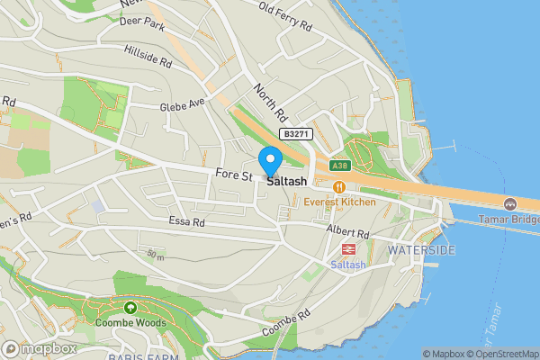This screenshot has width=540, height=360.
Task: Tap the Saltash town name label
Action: pyautogui.click(x=286, y=180)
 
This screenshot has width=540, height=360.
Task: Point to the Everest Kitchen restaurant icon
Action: pyautogui.click(x=339, y=186)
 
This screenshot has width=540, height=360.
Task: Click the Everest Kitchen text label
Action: pyautogui.click(x=339, y=202)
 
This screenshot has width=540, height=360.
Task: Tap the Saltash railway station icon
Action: pyautogui.click(x=345, y=249)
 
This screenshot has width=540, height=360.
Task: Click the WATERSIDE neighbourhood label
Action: pyautogui.click(x=421, y=249)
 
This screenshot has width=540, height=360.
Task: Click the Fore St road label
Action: pyautogui.click(x=234, y=175)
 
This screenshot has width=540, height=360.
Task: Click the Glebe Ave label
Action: pyautogui.click(x=184, y=104)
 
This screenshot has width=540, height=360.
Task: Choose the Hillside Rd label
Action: pyautogui.click(x=148, y=56)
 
